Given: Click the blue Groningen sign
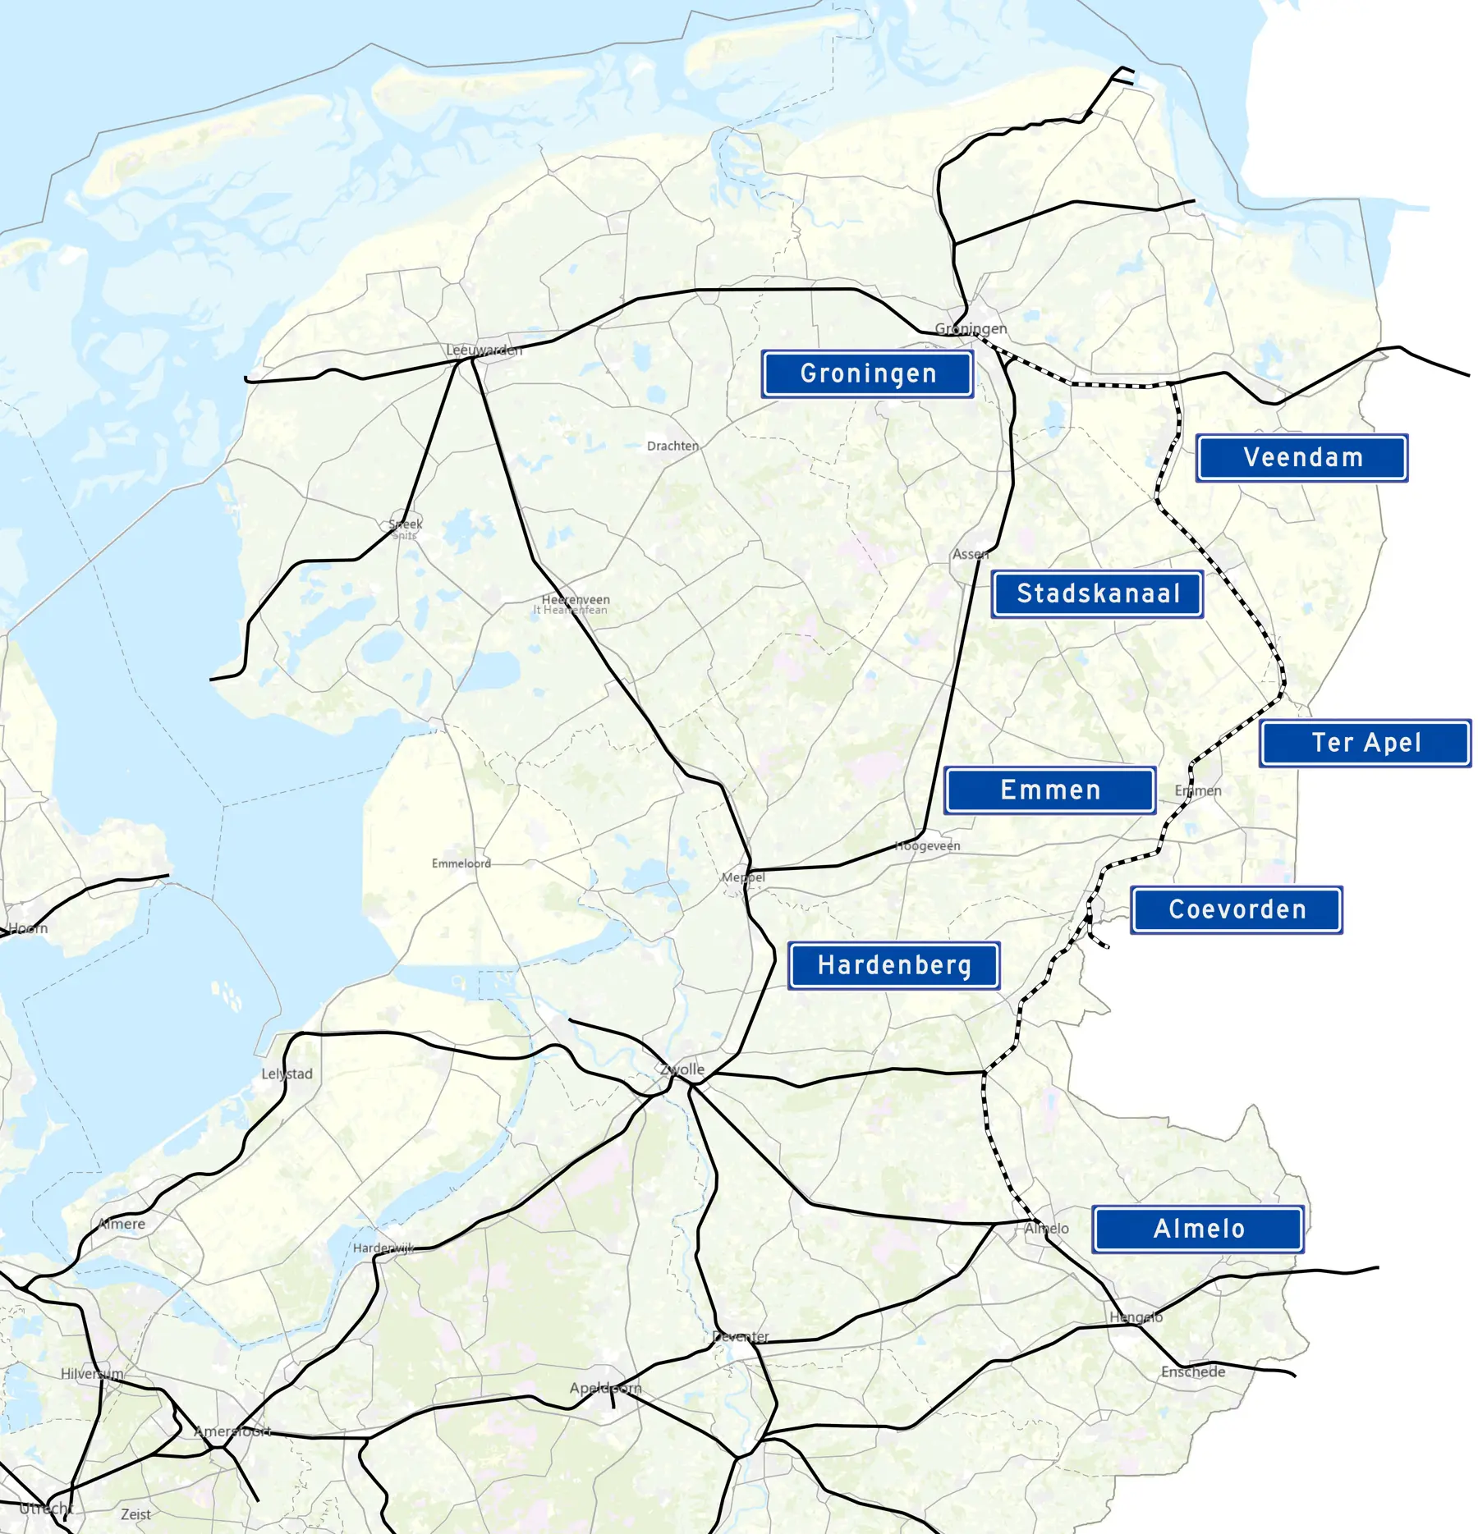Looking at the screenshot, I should click(x=867, y=374).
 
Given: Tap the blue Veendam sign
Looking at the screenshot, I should click(x=1301, y=458).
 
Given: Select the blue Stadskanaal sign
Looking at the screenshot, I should click(x=1097, y=593).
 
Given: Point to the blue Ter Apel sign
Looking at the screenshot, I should click(x=1365, y=743).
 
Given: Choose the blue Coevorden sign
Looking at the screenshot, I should click(x=1236, y=909).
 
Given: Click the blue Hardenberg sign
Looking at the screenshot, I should click(x=893, y=965).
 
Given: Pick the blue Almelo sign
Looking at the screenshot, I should click(x=1198, y=1229).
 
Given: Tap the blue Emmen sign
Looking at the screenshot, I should click(x=1049, y=790).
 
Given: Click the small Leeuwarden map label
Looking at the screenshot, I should click(x=484, y=350).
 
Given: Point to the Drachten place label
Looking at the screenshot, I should click(x=672, y=446).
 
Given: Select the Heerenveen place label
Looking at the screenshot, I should click(x=575, y=600).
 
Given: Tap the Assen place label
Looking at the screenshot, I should click(x=971, y=554).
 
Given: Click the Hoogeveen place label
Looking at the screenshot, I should click(x=927, y=845).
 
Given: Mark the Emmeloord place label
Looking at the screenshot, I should click(x=461, y=863).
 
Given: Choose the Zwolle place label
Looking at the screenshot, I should click(x=682, y=1069).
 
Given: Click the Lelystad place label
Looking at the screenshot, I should click(x=287, y=1074).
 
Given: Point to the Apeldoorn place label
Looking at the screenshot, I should click(x=605, y=1388).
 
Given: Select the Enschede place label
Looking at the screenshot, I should click(x=1192, y=1371).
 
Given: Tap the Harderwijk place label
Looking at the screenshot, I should click(x=383, y=1248).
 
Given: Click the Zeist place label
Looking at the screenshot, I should click(x=135, y=1514).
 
